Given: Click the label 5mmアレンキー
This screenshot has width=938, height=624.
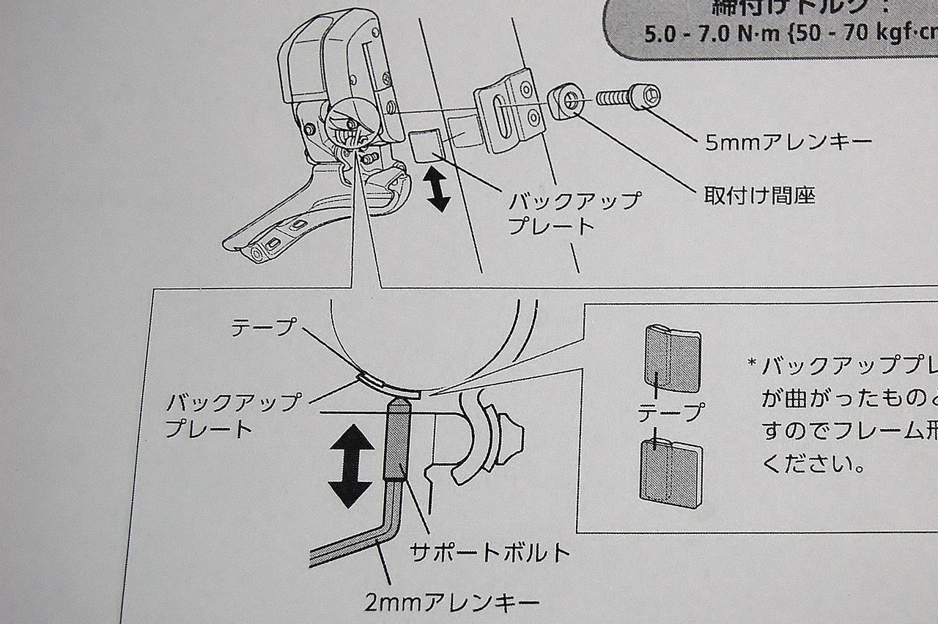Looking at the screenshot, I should [x=789, y=141].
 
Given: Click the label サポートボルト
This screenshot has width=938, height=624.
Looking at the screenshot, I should [x=490, y=551].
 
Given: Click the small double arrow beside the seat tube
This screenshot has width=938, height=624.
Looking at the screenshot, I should [x=439, y=189].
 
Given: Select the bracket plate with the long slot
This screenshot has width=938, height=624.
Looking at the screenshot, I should [x=505, y=110].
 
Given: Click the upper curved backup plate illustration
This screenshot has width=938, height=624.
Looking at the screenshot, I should [x=671, y=357].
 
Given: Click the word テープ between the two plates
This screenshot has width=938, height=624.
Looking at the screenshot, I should [x=669, y=412].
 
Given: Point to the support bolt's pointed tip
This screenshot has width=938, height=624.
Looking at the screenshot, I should [x=396, y=404].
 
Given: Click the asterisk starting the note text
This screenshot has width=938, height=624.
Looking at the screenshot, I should [x=752, y=363].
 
